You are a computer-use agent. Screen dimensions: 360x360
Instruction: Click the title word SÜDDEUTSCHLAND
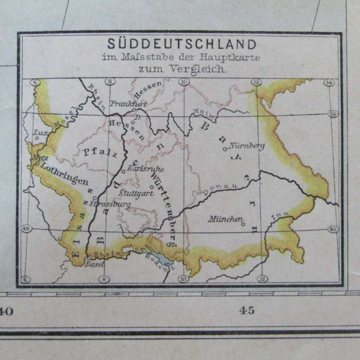coord(182,45)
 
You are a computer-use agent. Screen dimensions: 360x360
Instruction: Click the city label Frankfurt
coord(128,103)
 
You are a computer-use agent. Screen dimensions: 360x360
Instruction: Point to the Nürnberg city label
coord(246,146)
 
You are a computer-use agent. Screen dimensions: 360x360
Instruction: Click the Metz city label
coord(36,158)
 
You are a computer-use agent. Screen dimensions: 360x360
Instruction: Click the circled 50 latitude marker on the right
coord(332,114)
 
